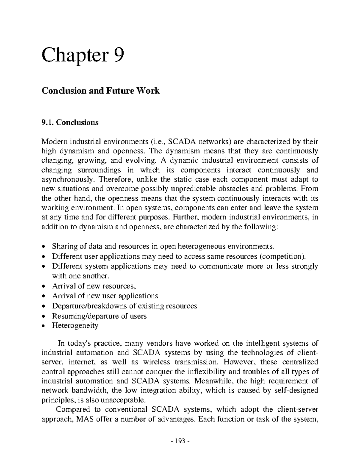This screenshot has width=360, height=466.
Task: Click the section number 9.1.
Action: click(x=47, y=122)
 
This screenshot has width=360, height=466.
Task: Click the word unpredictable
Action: click(x=195, y=189)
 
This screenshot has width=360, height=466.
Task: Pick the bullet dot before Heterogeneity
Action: click(x=44, y=326)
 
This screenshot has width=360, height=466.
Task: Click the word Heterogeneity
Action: click(x=75, y=326)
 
